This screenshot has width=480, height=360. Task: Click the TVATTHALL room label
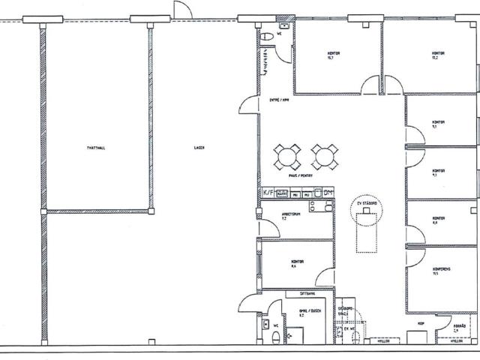[x=96, y=148]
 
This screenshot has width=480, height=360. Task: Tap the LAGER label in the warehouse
[x=199, y=148]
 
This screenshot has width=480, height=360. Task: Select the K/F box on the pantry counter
[x=268, y=193]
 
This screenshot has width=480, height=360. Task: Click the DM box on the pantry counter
[x=328, y=193]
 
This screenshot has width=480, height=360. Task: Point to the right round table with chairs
[x=322, y=157]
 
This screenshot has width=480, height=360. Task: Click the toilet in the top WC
[x=268, y=37]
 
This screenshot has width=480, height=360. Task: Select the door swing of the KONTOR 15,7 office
[x=372, y=84]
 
